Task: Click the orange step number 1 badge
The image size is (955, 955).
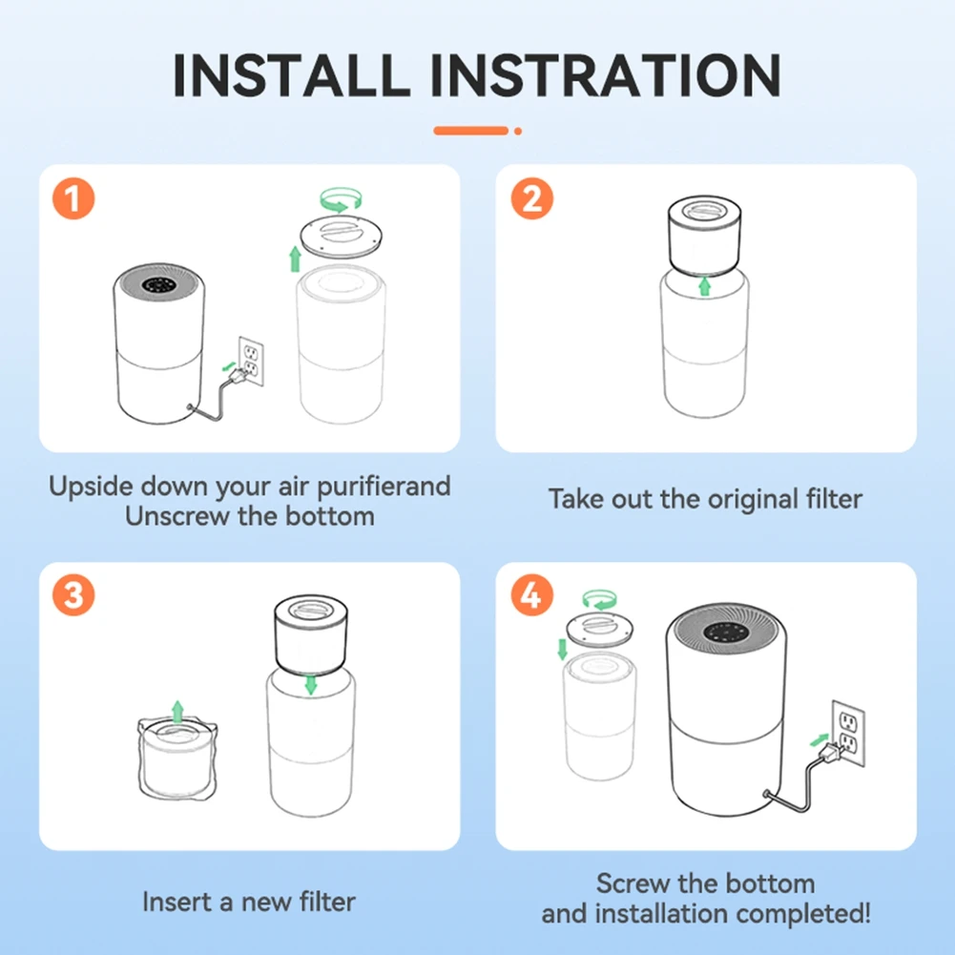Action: (73, 198)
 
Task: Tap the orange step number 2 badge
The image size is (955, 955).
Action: (531, 198)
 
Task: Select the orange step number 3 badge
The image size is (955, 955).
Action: (73, 595)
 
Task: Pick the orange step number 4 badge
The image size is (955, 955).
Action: (531, 595)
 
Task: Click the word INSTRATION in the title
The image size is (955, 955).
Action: (606, 75)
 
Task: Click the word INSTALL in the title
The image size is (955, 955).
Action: (292, 75)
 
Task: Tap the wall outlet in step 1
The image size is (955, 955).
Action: (251, 362)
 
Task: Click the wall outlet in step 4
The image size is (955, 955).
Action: (848, 734)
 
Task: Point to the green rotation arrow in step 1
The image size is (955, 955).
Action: (342, 199)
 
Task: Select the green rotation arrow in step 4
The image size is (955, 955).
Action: (599, 599)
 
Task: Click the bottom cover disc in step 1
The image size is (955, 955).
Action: (342, 237)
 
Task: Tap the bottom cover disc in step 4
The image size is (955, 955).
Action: (600, 630)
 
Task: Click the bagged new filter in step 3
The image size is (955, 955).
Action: (177, 758)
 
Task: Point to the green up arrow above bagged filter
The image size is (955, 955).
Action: (177, 712)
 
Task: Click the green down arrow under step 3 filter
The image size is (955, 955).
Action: (311, 685)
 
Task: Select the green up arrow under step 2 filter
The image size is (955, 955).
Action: (705, 285)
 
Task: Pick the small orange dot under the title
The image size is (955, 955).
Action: (518, 131)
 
